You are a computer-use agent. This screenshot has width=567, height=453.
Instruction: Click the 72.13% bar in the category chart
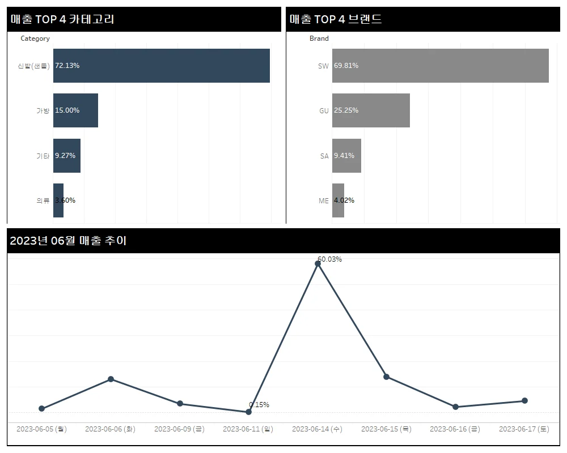tap(161, 66)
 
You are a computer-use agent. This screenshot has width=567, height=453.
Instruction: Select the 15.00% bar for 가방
tap(75, 110)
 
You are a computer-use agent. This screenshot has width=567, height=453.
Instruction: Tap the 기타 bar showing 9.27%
tap(67, 155)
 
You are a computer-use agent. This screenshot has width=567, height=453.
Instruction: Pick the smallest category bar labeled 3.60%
tap(58, 200)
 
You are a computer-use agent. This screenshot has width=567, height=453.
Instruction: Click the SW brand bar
tap(440, 66)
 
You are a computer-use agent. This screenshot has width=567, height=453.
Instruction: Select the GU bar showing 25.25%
tap(371, 110)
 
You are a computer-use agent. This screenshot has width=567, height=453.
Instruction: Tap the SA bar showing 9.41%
tap(346, 155)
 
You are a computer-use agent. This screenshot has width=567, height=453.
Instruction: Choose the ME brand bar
tap(338, 200)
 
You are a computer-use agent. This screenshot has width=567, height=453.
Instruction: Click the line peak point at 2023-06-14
tap(318, 264)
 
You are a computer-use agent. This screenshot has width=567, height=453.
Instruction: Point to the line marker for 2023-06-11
tap(248, 412)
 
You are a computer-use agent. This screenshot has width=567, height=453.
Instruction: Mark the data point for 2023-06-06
tap(111, 379)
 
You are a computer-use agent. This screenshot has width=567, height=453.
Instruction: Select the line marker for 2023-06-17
tap(524, 400)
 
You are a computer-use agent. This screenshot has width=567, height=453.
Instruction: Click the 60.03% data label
tap(329, 259)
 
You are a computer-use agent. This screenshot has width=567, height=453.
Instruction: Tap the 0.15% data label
tap(259, 405)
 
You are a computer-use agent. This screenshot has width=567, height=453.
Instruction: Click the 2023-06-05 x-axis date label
tap(41, 429)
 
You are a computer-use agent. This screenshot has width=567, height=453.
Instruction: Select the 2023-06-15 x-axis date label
tap(386, 429)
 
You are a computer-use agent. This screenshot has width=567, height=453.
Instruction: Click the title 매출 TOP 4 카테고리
tap(62, 19)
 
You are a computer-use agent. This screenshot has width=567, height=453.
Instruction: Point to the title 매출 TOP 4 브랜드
tap(336, 19)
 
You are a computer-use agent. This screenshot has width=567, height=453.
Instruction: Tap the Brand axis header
tap(319, 39)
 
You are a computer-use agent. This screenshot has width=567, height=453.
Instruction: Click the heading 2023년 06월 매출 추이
tap(68, 241)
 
